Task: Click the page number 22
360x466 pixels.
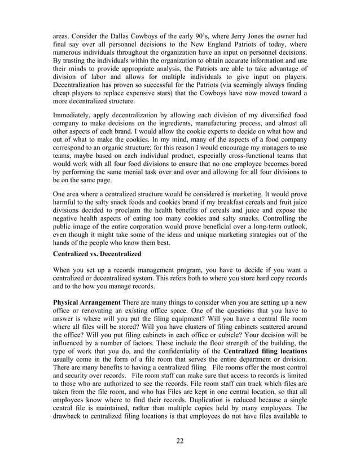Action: [179, 440]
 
